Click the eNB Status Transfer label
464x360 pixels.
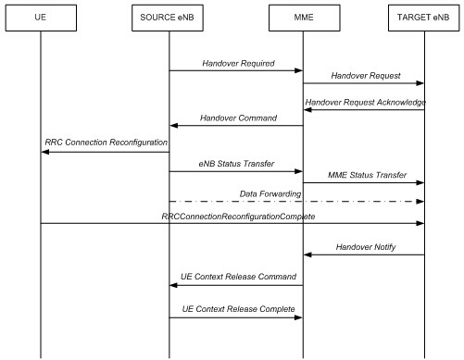pyautogui.click(x=236, y=162)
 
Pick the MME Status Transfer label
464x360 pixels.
pyautogui.click(x=363, y=175)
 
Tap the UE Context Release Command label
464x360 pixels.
pyautogui.click(x=236, y=277)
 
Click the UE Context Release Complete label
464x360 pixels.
pyautogui.click(x=236, y=307)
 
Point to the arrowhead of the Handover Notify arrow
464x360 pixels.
pyautogui.click(x=308, y=255)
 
